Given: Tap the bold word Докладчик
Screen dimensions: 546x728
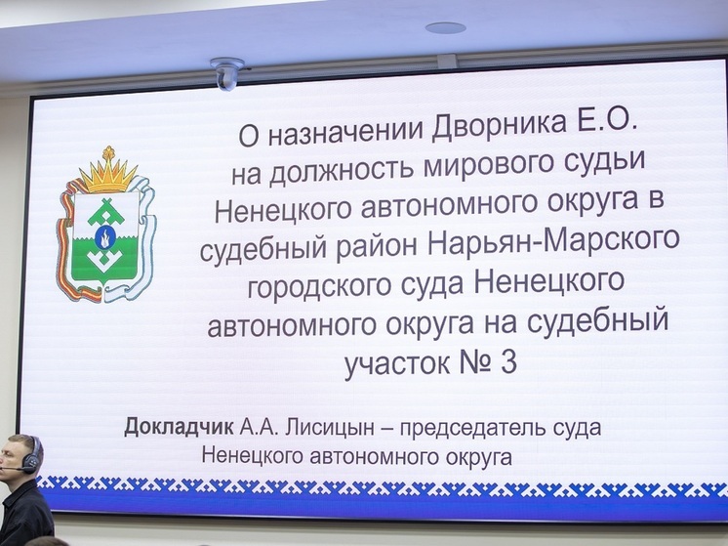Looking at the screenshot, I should click(179, 428).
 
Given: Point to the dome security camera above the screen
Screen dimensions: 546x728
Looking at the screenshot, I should click(227, 73).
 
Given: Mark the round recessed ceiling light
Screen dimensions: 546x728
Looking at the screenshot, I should click(445, 27).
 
